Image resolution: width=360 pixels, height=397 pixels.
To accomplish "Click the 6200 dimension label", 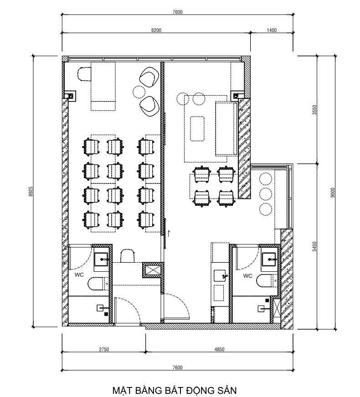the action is click(x=156, y=30).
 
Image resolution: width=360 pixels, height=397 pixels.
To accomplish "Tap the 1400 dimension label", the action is click(x=272, y=30).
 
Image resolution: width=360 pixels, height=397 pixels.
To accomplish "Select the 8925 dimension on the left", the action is click(x=31, y=191).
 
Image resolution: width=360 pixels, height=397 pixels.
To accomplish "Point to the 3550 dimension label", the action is click(x=314, y=110).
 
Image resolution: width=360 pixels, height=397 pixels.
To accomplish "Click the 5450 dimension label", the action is click(x=314, y=246).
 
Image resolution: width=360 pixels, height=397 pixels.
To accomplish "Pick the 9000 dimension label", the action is click(x=333, y=193).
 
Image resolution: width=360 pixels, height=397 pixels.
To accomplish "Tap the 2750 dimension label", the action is click(x=104, y=349).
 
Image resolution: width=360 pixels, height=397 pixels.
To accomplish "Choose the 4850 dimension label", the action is click(x=219, y=349).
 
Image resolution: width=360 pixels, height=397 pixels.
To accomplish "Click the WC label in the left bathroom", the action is click(x=79, y=275).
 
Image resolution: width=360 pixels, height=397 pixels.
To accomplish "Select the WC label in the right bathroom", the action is click(x=247, y=276).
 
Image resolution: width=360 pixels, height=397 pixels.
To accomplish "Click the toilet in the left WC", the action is click(x=98, y=284).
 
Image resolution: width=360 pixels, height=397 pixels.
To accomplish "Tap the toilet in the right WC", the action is click(x=267, y=281).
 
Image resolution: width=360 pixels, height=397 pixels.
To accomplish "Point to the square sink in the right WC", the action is click(x=269, y=259).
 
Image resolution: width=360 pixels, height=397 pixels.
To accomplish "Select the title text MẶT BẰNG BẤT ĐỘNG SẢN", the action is click(x=175, y=390).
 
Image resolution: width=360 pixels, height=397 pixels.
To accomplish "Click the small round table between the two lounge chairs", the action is click(x=139, y=92).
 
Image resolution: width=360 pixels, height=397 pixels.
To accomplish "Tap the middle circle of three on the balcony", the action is click(x=266, y=193).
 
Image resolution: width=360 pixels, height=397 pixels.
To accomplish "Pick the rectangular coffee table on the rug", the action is click(x=197, y=128).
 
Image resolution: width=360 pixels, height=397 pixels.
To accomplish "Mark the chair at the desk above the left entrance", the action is click(x=127, y=256).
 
